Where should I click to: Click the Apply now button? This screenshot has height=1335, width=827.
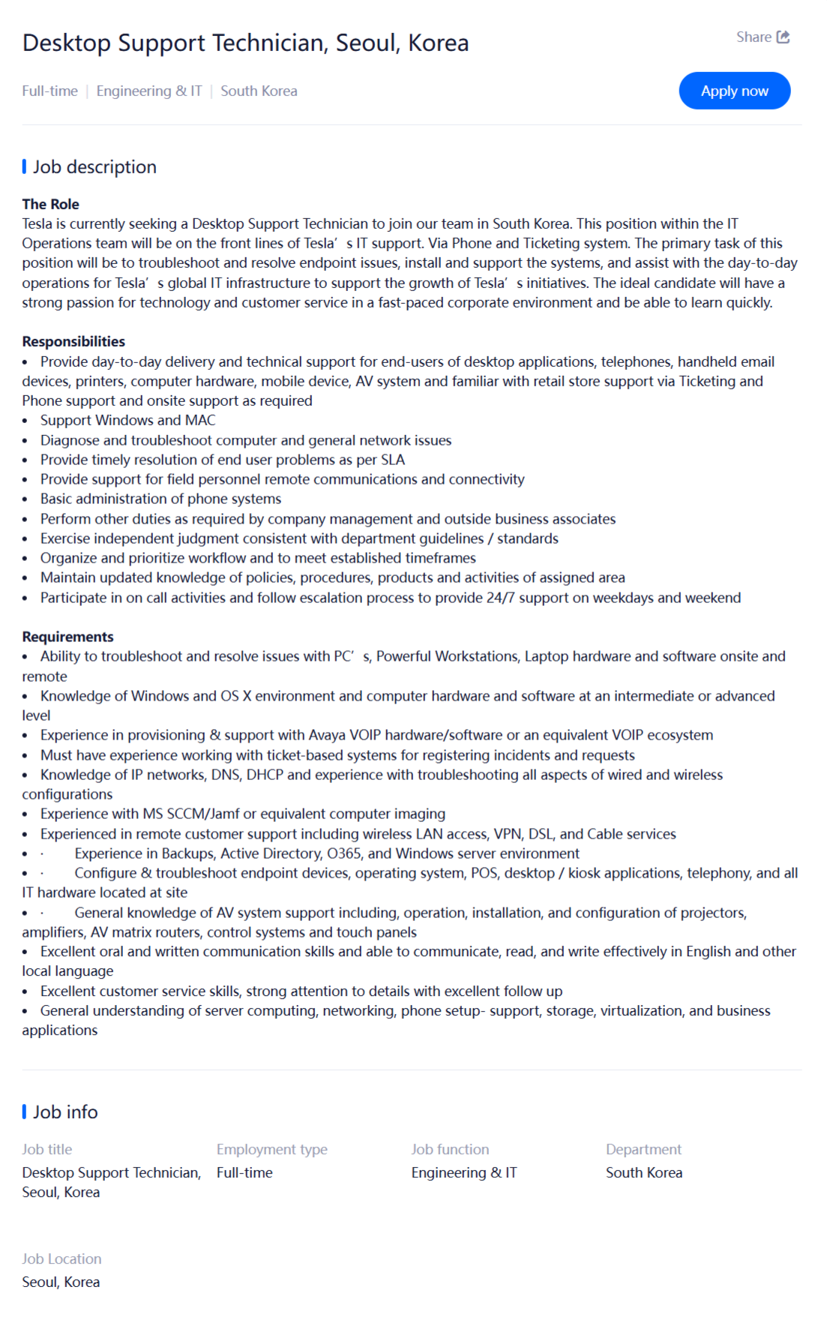(x=734, y=91)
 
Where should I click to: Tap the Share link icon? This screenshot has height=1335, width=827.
(x=783, y=37)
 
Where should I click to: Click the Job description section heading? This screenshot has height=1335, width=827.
(x=94, y=166)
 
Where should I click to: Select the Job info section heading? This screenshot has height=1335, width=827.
(x=65, y=1111)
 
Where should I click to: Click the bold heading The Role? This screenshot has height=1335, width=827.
(x=50, y=204)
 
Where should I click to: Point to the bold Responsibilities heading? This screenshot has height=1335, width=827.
(x=73, y=341)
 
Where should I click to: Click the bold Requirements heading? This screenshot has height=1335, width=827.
(x=67, y=637)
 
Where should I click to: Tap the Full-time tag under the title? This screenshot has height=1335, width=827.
(x=49, y=91)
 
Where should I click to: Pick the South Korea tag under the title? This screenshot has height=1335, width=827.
(x=259, y=91)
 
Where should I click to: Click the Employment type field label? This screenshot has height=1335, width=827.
(x=271, y=1149)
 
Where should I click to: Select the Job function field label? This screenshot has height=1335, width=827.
(x=450, y=1149)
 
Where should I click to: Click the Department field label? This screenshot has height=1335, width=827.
(x=643, y=1149)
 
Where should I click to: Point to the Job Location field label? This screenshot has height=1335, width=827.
(x=61, y=1258)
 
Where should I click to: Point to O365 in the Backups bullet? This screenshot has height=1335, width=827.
(x=344, y=853)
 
